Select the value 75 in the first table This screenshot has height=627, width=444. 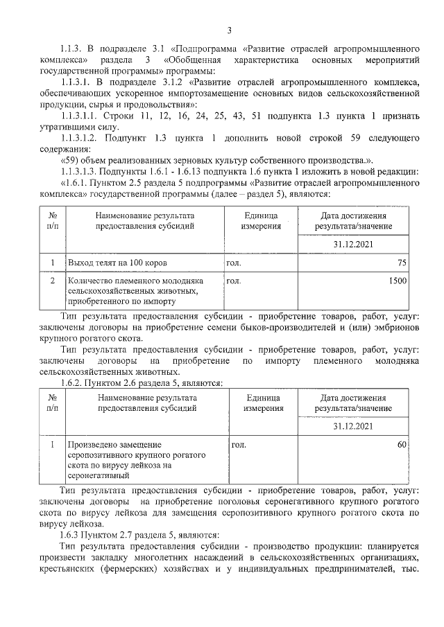click(x=401, y=263)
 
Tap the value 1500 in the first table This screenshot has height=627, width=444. click(x=396, y=281)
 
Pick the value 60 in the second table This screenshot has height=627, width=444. click(x=401, y=444)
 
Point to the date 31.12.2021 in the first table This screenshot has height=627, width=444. click(x=354, y=245)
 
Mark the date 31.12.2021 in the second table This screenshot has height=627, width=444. click(x=354, y=425)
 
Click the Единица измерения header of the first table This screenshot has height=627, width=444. click(x=261, y=221)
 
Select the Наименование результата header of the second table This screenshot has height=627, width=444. click(x=146, y=403)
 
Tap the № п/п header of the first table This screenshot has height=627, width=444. click(x=53, y=221)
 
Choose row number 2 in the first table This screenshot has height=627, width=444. click(x=53, y=281)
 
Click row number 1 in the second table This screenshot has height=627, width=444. click(x=53, y=444)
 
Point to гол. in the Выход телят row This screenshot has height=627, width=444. click(x=234, y=264)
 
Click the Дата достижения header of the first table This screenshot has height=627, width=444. click(x=354, y=221)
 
